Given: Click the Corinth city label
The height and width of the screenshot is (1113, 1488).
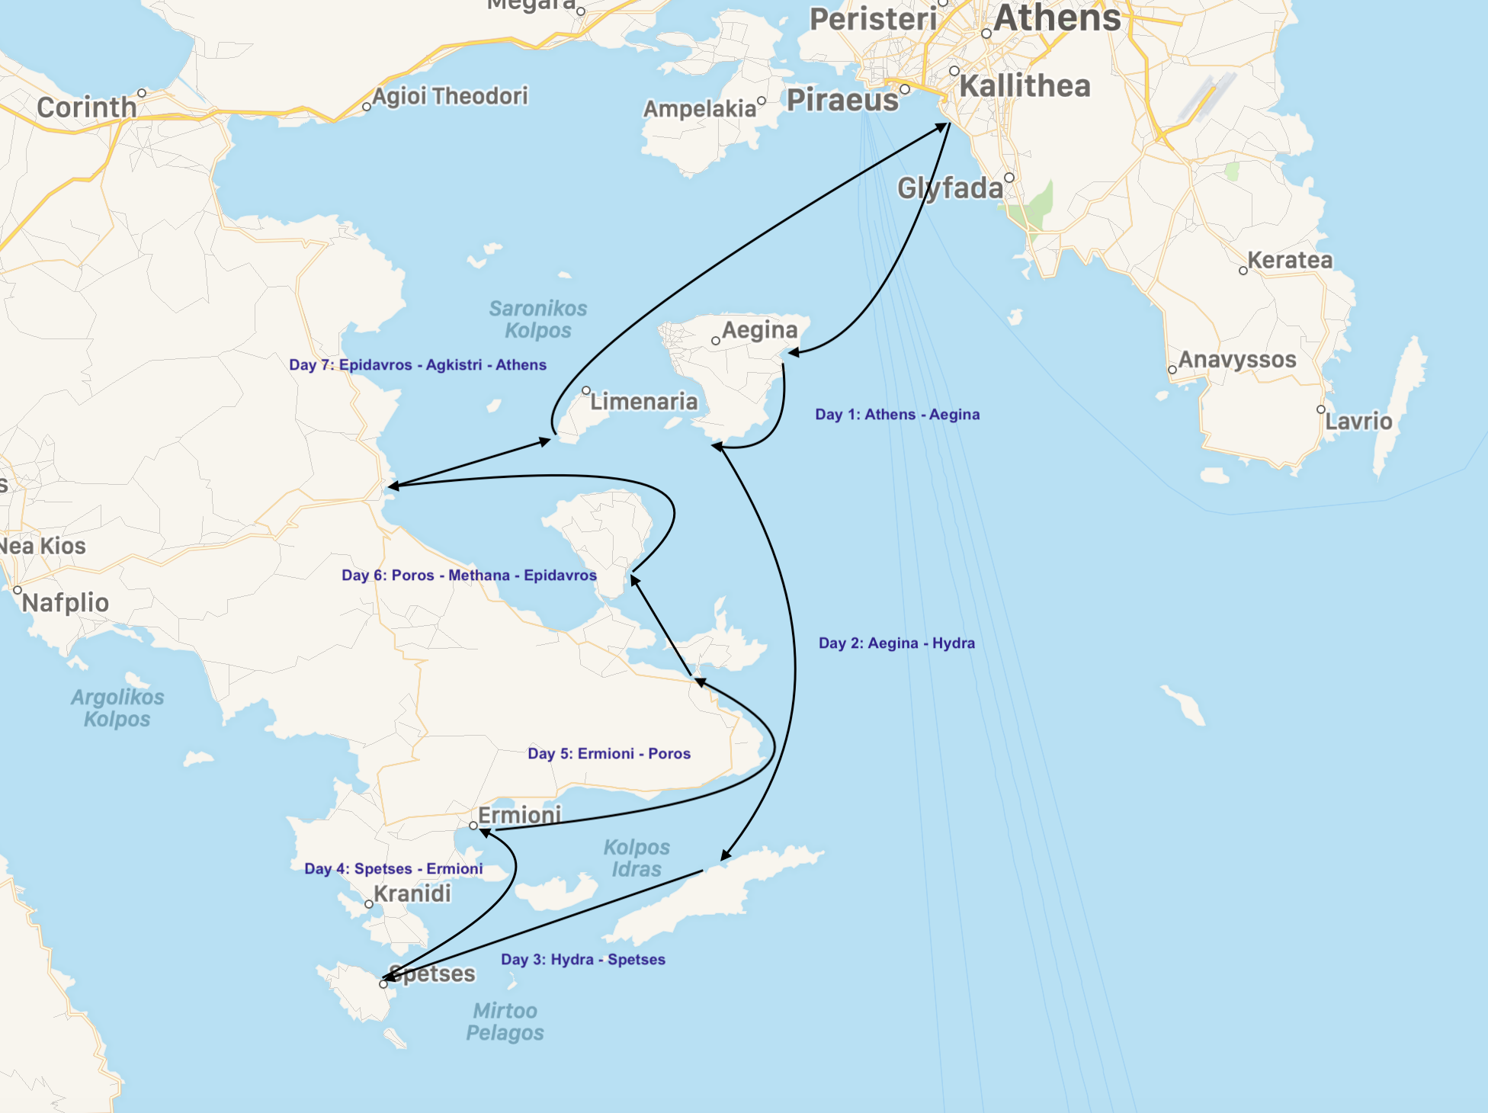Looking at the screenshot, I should (x=86, y=107).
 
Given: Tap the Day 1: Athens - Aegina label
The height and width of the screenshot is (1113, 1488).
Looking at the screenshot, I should (x=897, y=415).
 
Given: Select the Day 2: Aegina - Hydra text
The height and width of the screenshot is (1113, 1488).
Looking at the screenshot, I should (x=896, y=643).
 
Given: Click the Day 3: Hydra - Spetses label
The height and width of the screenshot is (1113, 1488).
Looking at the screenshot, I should (x=583, y=960).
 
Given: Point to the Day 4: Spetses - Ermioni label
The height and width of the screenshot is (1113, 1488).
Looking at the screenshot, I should (x=393, y=869).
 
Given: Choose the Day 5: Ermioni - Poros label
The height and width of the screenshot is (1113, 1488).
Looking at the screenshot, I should (x=609, y=754).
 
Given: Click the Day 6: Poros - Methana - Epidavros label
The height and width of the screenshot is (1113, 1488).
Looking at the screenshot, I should (x=469, y=576).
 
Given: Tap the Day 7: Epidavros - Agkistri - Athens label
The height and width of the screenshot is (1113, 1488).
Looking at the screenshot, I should (x=418, y=365).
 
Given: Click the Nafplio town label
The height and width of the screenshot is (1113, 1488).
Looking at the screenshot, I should (x=66, y=603).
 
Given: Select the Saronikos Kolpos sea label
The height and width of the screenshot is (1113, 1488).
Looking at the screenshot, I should (x=537, y=319).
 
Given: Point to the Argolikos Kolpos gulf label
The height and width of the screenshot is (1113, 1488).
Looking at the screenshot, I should (x=117, y=708).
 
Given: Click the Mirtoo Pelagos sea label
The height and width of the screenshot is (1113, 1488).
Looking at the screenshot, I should (x=505, y=1022).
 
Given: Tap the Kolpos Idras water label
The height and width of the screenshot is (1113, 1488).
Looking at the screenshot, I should (x=637, y=858).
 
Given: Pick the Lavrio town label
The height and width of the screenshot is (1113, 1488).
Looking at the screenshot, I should (x=1358, y=422).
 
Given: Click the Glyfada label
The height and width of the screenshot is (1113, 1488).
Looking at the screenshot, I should (x=950, y=188).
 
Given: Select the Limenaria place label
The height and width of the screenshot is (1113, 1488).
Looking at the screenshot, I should (x=644, y=402).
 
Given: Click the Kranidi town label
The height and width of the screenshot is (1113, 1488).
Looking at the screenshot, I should (x=412, y=893).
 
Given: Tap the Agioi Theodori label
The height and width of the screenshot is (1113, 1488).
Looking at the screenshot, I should (x=450, y=97).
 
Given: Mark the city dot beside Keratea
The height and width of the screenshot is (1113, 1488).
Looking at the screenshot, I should (x=1243, y=271).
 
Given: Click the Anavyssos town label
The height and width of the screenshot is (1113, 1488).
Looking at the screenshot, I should (x=1237, y=360).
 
